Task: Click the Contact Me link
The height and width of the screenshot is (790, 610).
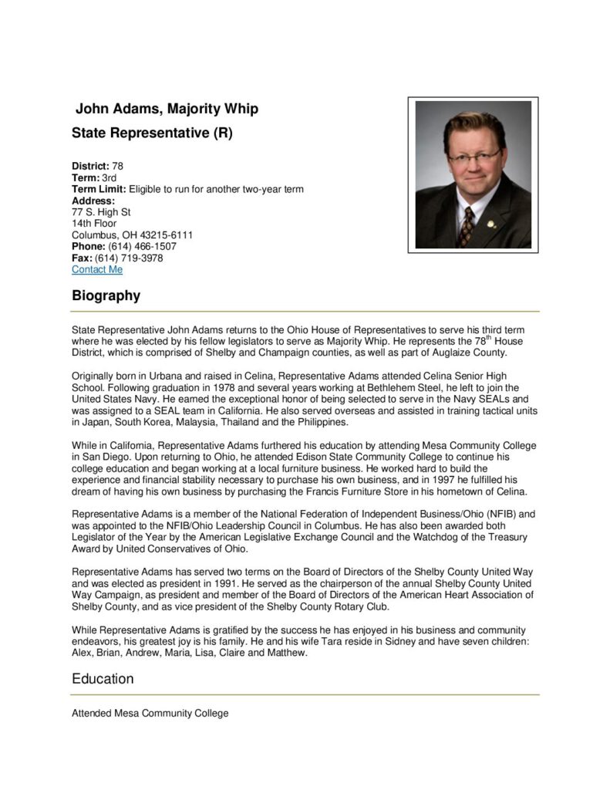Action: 97,270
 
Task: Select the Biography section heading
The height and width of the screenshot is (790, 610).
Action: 106,295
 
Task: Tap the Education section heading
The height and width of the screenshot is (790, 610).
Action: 103,679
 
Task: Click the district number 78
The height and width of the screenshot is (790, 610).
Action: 117,166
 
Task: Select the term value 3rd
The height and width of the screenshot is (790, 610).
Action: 110,177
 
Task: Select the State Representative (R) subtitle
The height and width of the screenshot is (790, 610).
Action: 152,133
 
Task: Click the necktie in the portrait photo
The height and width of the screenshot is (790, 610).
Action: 466,226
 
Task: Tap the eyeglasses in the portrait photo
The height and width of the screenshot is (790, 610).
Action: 474,157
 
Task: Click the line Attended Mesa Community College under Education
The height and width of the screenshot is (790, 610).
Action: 150,714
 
